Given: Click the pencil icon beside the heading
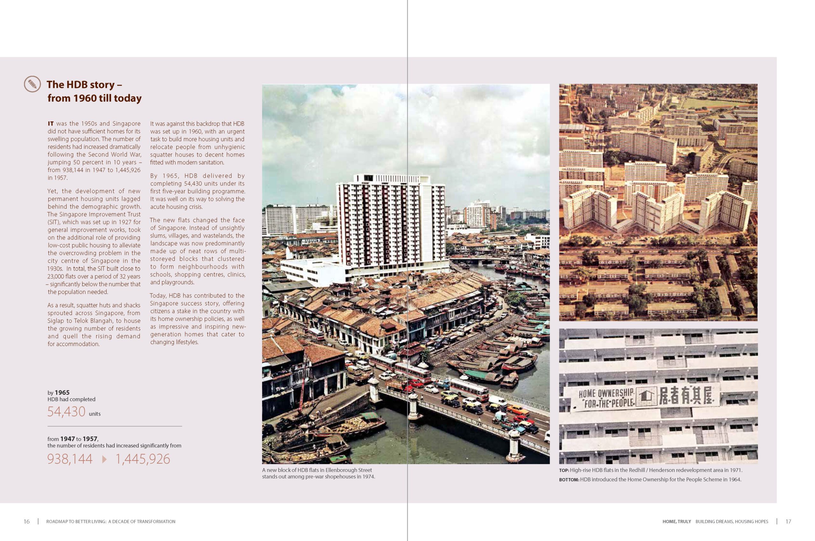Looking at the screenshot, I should click(x=32, y=84).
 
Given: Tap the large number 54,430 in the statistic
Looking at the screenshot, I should click(x=66, y=412).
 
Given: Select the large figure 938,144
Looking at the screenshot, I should click(x=70, y=459).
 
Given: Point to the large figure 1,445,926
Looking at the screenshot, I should click(x=142, y=459).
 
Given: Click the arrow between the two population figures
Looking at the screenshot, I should click(x=104, y=459).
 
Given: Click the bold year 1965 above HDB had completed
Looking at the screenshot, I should click(x=62, y=393).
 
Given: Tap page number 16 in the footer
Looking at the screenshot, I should click(x=26, y=521).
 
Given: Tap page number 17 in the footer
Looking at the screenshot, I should click(x=788, y=521).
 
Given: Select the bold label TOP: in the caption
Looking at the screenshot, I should click(x=564, y=471).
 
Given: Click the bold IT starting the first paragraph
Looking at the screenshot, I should click(x=51, y=124).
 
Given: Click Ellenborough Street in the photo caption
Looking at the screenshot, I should click(x=348, y=470).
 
